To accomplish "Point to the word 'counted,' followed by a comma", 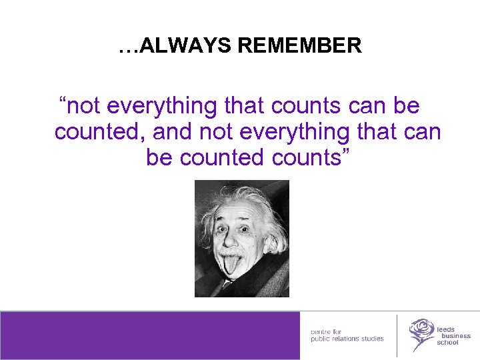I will coord(100,132).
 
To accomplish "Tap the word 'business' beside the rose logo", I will coord(453,336).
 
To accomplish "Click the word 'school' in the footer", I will coord(447,343).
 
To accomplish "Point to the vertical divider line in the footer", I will coord(397,335).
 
